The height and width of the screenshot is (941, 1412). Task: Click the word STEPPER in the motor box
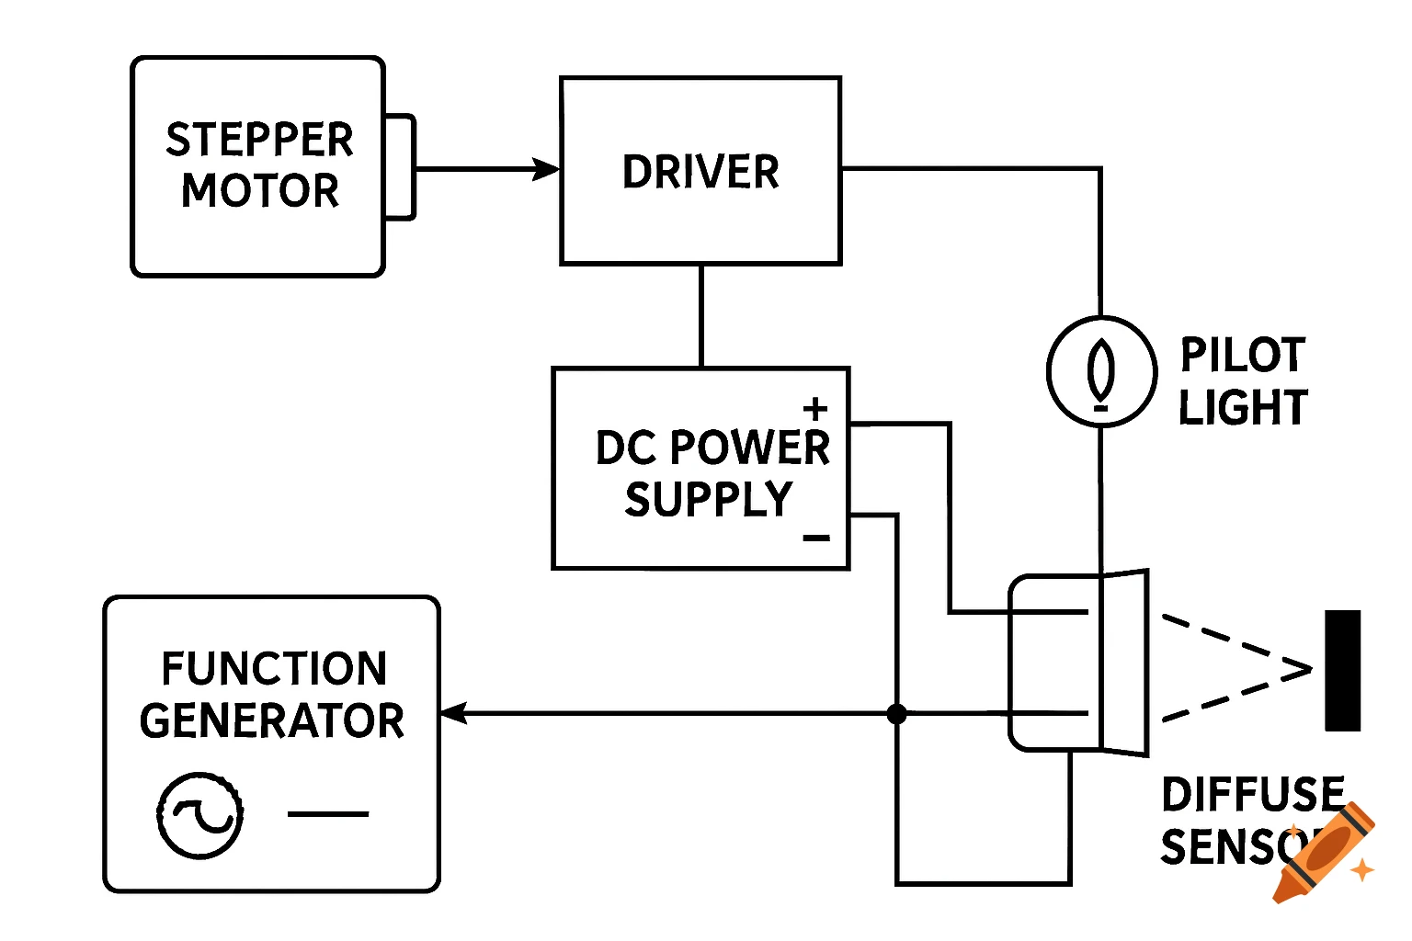coord(259,141)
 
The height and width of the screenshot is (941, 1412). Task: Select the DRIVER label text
coord(700,172)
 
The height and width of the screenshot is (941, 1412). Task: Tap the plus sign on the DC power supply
coord(815,409)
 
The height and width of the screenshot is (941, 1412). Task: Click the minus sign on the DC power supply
coord(816,538)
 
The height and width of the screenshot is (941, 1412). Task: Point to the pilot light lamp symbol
coord(1101,371)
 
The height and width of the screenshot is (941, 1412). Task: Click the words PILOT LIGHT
coord(1243,381)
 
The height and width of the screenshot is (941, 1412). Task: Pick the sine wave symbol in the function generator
coord(200,815)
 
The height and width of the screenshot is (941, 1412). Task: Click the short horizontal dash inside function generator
coord(328,814)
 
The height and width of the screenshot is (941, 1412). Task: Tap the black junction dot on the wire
coord(897,713)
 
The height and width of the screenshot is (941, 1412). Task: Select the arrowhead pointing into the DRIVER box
coord(548,169)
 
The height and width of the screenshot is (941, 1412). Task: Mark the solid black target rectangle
coord(1342,670)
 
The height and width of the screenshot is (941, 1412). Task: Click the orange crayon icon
coord(1324,853)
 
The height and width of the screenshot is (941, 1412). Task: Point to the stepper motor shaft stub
coord(400,167)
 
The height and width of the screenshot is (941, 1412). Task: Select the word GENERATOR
coord(272,721)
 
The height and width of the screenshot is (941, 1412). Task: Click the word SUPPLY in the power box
coord(708,500)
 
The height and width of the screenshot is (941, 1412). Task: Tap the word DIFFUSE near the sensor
coord(1253,795)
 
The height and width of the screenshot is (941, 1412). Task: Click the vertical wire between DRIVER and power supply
coord(701,316)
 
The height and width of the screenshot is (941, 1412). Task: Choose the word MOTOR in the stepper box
coord(260,191)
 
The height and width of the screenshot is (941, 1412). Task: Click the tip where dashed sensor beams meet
coord(1310,669)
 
